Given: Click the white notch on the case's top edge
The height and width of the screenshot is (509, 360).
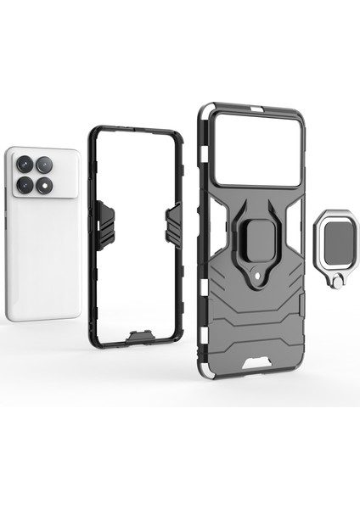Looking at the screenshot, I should click(254, 110).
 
